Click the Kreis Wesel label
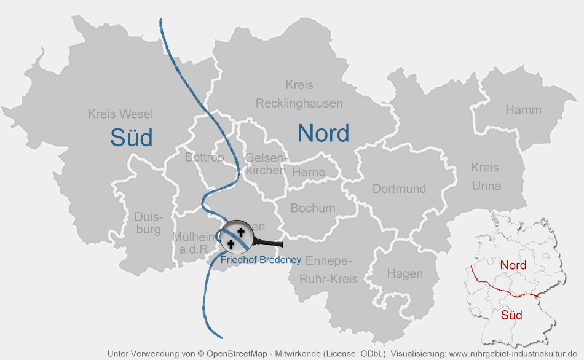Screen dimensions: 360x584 (x=120, y=114)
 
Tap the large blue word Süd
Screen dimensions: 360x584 (x=132, y=138)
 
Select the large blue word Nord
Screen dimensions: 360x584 (x=323, y=133)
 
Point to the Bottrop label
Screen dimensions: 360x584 (x=204, y=158)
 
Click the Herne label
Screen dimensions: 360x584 (x=309, y=173)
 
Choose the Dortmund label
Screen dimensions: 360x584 (x=399, y=189)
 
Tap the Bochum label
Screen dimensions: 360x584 (x=313, y=208)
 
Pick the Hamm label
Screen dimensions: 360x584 (x=523, y=110)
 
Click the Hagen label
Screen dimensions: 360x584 (x=405, y=273)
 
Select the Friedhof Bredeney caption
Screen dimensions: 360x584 (x=261, y=260)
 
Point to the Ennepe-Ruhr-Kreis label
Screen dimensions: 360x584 (x=328, y=269)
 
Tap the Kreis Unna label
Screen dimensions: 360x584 (x=486, y=176)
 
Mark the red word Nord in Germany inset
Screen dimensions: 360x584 (x=513, y=265)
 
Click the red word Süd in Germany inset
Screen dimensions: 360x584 (x=511, y=315)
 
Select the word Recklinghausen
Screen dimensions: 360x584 (x=299, y=103)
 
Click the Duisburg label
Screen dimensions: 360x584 (x=148, y=224)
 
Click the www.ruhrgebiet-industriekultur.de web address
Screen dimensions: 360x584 (x=513, y=354)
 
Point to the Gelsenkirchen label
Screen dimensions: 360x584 (x=265, y=164)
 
